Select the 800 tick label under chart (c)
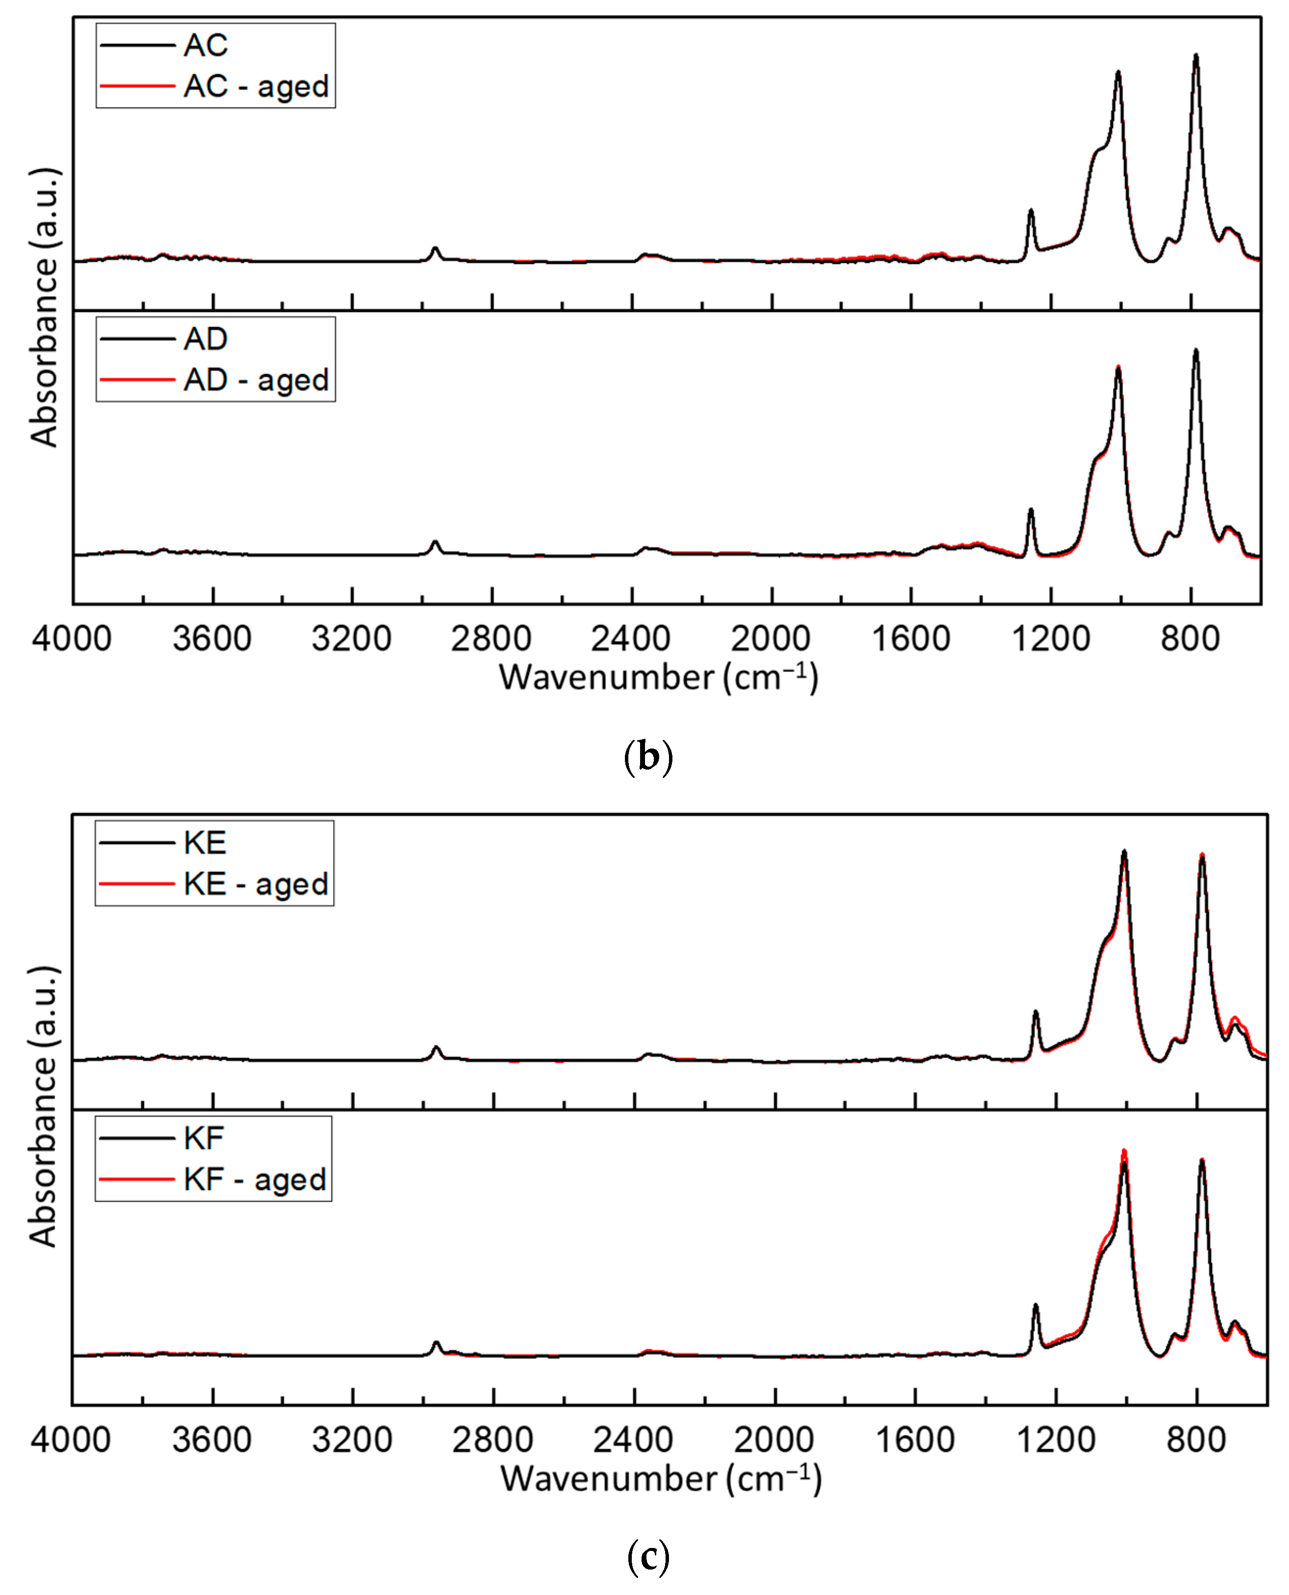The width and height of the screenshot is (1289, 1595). click(1195, 1440)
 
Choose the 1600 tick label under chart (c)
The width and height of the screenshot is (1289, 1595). click(915, 1440)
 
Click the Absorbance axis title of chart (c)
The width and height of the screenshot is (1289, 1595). click(43, 1107)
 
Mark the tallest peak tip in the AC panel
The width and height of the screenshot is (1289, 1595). click(1195, 55)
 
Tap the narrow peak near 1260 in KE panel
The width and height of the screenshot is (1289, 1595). click(1036, 1012)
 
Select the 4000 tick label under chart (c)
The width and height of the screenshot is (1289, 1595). click(71, 1440)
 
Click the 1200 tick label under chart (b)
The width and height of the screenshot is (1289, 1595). click(1050, 639)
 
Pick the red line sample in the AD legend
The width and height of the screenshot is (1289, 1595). click(137, 380)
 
